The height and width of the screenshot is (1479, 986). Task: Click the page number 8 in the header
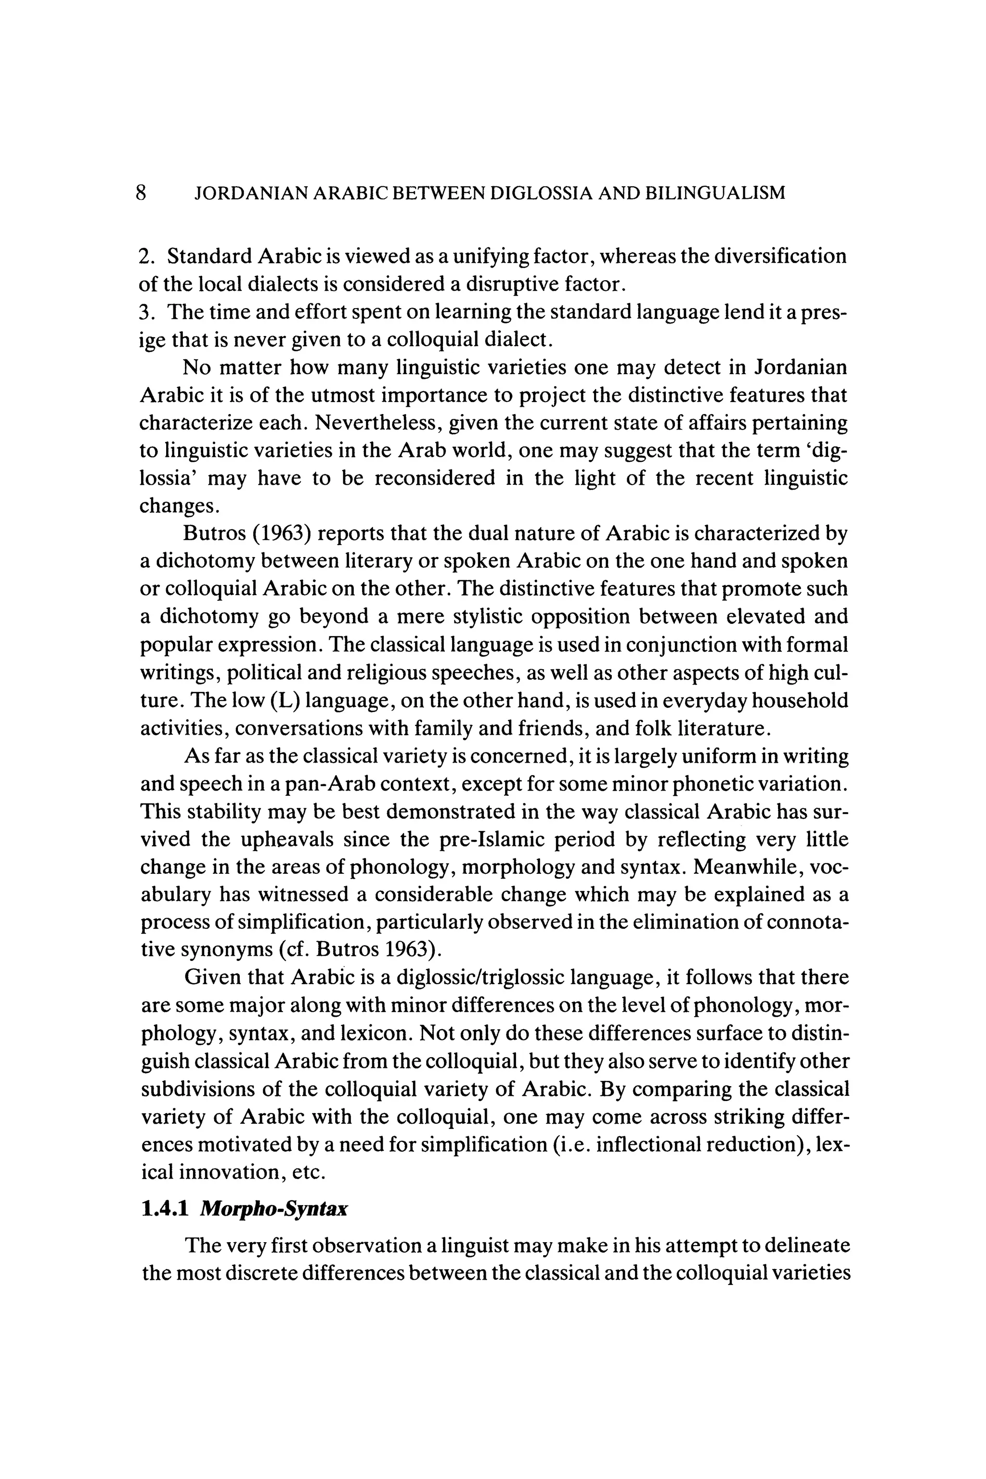(141, 193)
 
